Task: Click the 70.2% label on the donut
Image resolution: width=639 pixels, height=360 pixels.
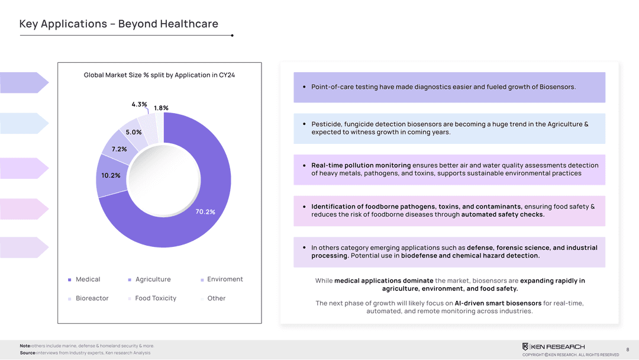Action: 205,212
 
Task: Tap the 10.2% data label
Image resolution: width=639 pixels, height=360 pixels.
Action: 111,175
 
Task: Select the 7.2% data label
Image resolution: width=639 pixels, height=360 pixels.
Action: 119,149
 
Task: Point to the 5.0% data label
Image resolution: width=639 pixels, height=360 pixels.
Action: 134,132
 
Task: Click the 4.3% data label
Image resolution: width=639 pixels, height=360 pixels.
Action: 139,104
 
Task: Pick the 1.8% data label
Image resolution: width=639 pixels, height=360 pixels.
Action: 161,108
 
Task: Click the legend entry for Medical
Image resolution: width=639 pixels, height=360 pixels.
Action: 88,279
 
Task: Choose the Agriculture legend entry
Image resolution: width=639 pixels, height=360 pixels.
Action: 153,279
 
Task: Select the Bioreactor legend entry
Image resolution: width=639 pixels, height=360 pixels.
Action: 92,298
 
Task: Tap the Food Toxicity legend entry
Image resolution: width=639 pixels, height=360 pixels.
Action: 156,298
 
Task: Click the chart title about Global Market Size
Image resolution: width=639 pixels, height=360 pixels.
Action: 159,75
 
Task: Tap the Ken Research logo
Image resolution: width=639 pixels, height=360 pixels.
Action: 553,346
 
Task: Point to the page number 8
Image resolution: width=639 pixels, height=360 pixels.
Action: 627,349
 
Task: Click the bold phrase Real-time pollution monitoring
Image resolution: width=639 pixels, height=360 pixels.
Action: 361,165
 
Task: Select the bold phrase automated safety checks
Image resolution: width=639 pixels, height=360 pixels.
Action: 502,214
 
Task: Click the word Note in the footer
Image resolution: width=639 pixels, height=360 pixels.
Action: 25,346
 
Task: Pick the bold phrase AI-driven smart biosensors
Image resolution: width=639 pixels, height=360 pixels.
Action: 498,303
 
